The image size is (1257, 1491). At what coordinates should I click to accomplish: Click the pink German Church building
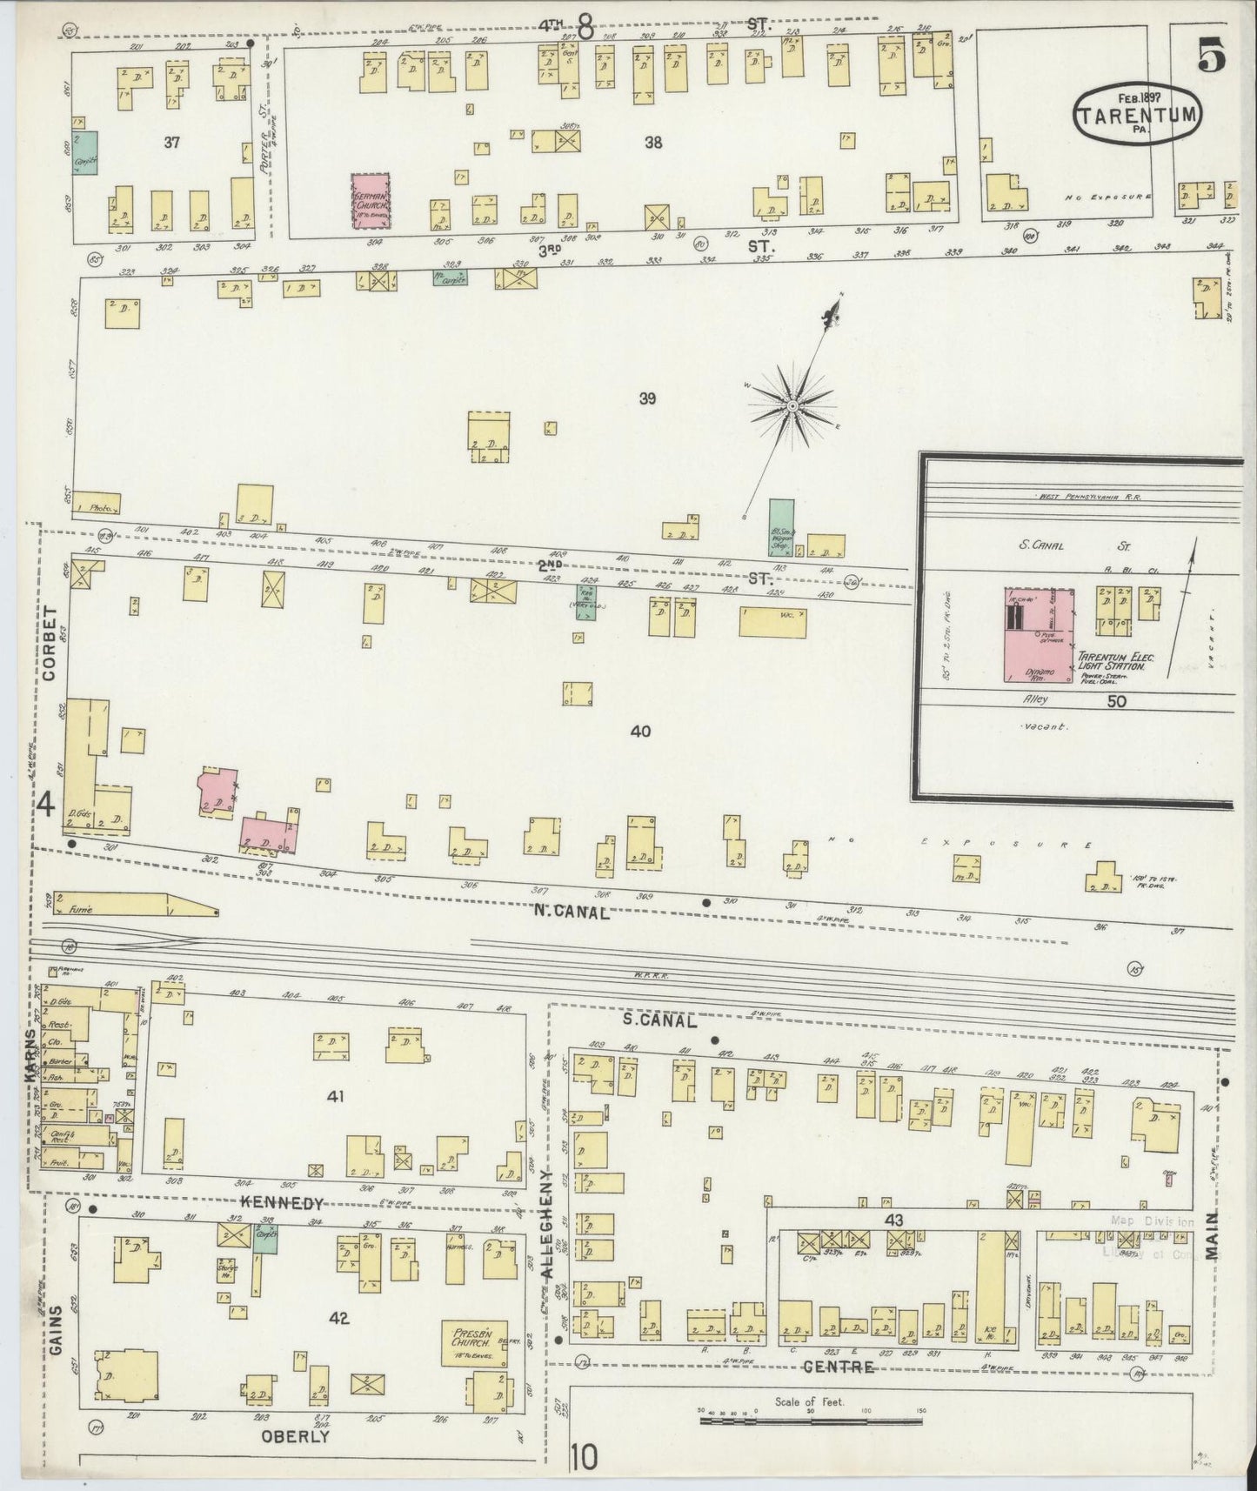pos(370,200)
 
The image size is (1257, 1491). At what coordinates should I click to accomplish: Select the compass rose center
pos(793,406)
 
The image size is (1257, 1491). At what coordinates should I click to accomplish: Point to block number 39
pos(646,399)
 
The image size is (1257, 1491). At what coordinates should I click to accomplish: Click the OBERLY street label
pos(296,1436)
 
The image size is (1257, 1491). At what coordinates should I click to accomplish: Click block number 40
pos(640,732)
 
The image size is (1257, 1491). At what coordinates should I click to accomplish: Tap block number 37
pos(171,142)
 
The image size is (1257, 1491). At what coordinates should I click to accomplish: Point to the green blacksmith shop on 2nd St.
pos(780,527)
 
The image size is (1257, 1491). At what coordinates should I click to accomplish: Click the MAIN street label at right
pos(1214,1235)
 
